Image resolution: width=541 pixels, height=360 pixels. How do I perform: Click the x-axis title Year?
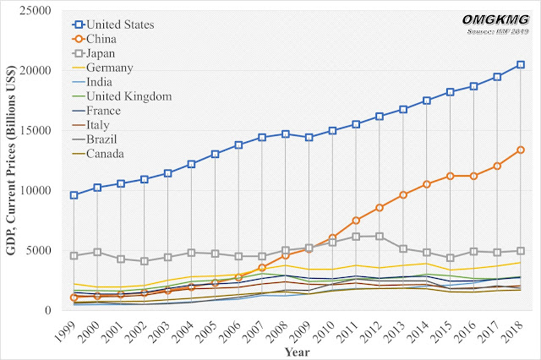tap(296, 350)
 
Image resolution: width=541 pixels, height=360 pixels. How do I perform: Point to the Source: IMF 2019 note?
tap(496, 31)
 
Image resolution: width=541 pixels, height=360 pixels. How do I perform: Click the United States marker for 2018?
tap(521, 65)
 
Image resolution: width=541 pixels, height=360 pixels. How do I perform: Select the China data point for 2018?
tap(521, 150)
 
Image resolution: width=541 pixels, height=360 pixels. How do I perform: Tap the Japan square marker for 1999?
tap(74, 255)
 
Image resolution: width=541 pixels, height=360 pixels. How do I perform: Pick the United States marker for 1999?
tap(74, 195)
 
